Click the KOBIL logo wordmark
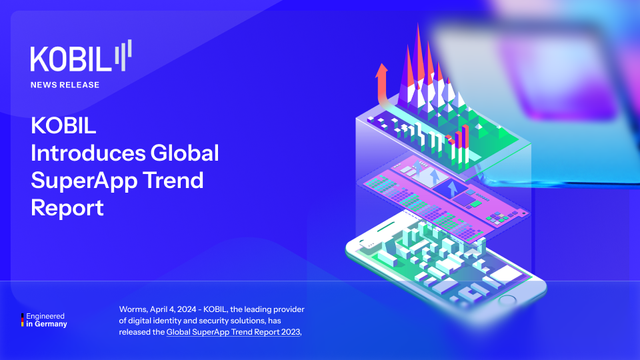[x=71, y=59]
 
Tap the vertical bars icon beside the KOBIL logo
[x=123, y=55]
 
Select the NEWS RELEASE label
[x=65, y=85]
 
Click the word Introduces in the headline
[x=88, y=153]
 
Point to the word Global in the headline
[x=185, y=153]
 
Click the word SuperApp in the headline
[x=85, y=181]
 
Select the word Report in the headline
[x=67, y=208]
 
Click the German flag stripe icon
[x=23, y=320]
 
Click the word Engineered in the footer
[x=45, y=316]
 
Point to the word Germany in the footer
[x=51, y=324]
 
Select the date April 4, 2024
[x=173, y=309]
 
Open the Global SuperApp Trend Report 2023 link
[x=233, y=332]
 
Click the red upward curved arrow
[x=381, y=85]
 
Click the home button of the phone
[x=507, y=301]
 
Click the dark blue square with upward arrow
[x=451, y=189]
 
